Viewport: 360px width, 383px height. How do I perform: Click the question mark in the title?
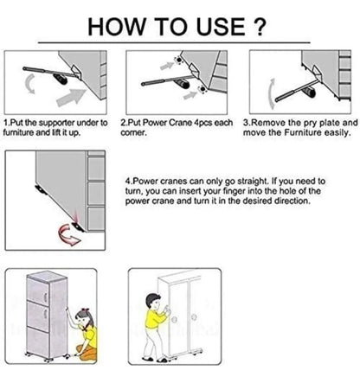260,27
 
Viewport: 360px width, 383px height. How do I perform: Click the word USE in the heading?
221,27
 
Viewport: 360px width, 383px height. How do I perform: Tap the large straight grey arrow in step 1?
71,98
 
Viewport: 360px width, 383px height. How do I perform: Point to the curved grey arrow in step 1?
30,84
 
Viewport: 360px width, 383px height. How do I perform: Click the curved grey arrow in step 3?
271,94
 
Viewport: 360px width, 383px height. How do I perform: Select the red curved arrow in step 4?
68,235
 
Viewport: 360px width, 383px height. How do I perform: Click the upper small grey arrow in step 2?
166,66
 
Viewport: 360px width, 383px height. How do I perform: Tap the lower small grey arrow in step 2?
190,95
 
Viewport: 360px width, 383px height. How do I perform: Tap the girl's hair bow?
86,310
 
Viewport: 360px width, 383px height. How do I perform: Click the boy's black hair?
152,299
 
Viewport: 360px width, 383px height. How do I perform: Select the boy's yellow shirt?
154,319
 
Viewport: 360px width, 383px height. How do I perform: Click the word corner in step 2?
133,133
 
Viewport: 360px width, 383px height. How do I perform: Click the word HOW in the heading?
116,27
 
